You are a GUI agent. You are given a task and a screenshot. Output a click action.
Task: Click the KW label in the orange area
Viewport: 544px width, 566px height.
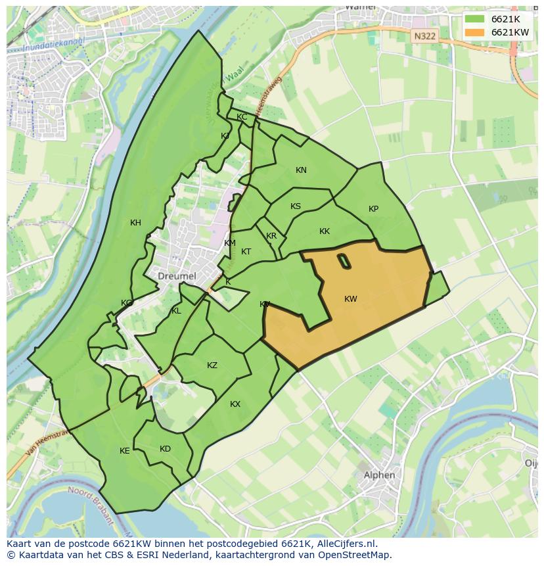pyautogui.click(x=351, y=299)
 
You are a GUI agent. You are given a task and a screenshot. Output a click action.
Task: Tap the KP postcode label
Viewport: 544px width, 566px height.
pyautogui.click(x=373, y=209)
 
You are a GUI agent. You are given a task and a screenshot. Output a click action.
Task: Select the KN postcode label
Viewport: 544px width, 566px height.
pyautogui.click(x=301, y=170)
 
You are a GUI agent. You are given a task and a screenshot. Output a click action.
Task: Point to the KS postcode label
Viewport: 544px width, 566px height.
pyautogui.click(x=296, y=206)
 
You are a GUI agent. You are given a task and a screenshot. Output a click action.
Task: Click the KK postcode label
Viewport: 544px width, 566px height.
pyautogui.click(x=325, y=231)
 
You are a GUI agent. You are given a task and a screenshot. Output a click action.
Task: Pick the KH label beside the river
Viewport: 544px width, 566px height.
pyautogui.click(x=135, y=223)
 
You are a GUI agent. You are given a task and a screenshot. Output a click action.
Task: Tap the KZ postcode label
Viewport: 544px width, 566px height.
pyautogui.click(x=212, y=366)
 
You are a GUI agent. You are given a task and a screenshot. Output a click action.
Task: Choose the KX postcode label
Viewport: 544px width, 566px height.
pyautogui.click(x=235, y=404)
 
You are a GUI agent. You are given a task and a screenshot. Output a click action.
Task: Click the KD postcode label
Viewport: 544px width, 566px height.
pyautogui.click(x=165, y=449)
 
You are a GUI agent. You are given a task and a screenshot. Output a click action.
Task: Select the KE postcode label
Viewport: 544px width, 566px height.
pyautogui.click(x=125, y=451)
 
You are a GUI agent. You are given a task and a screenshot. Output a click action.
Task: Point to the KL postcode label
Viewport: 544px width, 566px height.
pyautogui.click(x=176, y=311)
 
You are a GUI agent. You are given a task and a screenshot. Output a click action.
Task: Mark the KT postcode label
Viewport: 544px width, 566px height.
pyautogui.click(x=246, y=252)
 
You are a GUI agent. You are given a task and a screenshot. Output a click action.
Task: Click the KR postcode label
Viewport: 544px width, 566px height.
pyautogui.click(x=271, y=236)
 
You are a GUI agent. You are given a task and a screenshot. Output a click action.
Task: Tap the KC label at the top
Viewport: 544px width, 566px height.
pyautogui.click(x=242, y=117)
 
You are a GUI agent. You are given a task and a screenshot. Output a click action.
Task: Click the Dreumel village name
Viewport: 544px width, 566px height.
pyautogui.click(x=177, y=277)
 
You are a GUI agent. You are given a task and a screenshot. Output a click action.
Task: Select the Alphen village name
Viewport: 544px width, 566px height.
pyautogui.click(x=380, y=475)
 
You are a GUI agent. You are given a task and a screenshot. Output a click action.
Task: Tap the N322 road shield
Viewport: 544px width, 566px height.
pyautogui.click(x=424, y=37)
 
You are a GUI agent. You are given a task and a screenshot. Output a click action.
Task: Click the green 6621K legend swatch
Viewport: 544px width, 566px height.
pyautogui.click(x=474, y=19)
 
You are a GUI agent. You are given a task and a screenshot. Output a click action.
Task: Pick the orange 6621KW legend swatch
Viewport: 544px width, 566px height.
pyautogui.click(x=474, y=32)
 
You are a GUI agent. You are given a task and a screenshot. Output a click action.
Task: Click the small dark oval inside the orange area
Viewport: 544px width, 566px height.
pyautogui.click(x=344, y=261)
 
